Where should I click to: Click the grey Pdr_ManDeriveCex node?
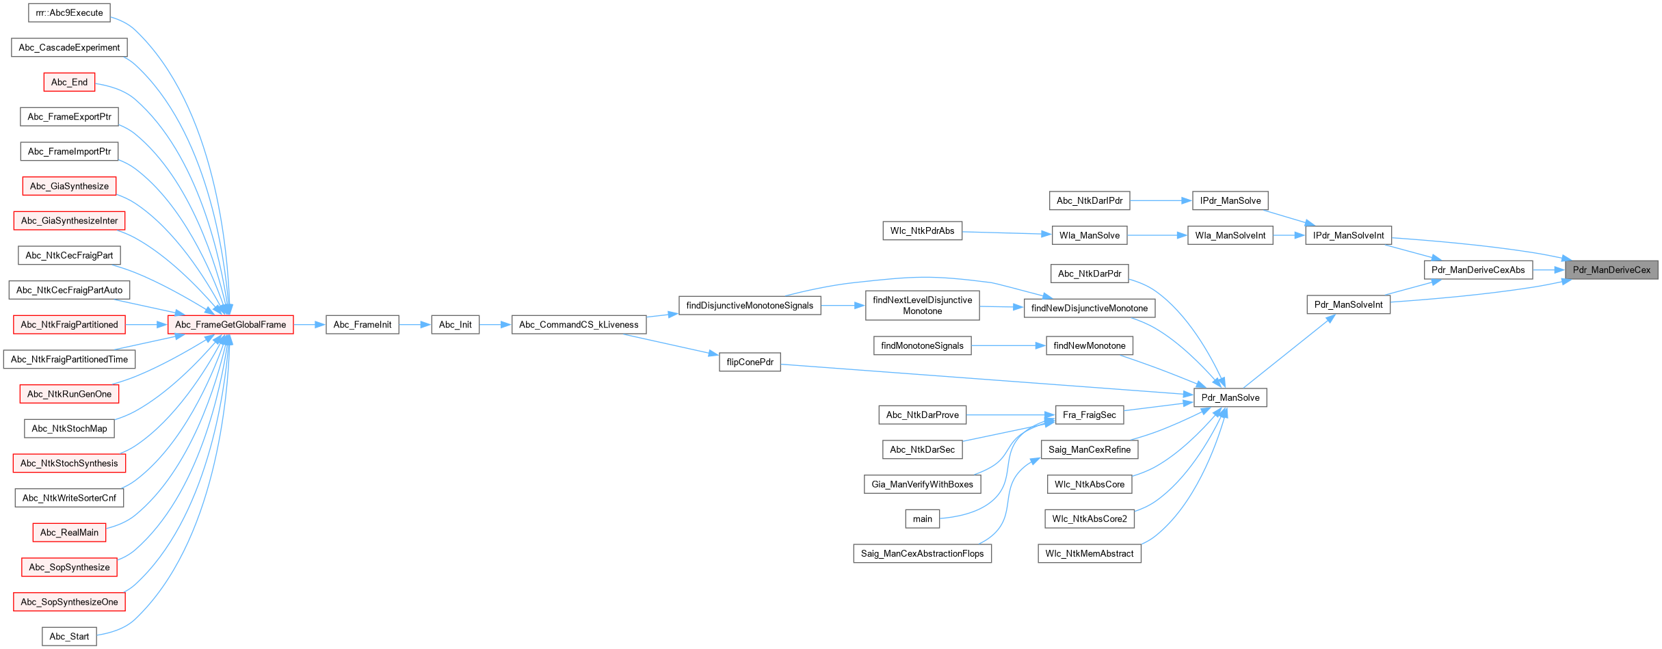[1611, 270]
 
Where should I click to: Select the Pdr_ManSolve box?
[1230, 398]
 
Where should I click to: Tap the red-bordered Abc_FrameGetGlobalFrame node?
[230, 325]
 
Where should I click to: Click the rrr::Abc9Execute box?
[69, 13]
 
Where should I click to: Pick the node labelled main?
[922, 519]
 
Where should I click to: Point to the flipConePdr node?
[750, 362]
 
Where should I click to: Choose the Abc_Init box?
[455, 325]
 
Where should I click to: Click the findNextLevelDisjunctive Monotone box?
[922, 306]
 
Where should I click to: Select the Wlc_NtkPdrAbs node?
[922, 231]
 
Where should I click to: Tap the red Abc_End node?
[69, 83]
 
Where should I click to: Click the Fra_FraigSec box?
[1089, 415]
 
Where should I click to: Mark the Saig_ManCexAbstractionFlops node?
[922, 554]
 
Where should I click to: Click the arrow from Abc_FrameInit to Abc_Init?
[414, 325]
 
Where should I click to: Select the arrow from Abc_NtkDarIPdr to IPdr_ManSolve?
[1161, 201]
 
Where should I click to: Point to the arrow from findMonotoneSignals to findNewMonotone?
[1008, 346]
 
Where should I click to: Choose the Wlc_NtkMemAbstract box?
[1089, 554]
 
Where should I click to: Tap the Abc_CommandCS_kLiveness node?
[579, 325]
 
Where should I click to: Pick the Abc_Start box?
[69, 637]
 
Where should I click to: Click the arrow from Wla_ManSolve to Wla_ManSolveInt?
[1157, 236]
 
